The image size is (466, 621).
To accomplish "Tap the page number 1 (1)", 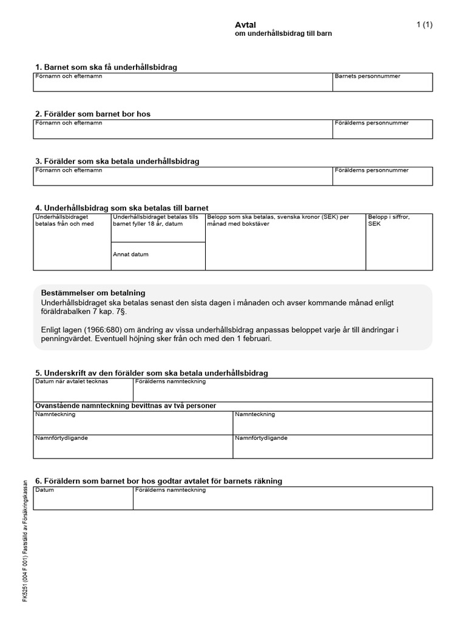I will coord(424,25).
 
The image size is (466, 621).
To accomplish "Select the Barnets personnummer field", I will coord(382,83).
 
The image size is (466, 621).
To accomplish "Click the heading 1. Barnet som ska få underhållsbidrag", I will coord(106,67).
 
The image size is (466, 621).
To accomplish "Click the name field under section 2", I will coord(183,130).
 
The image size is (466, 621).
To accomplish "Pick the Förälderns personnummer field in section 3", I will coord(382,177).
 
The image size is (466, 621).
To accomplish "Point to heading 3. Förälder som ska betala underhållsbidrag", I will coord(117,161).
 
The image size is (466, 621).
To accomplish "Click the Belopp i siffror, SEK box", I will coord(399,243).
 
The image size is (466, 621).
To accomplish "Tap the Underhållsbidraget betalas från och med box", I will coord(72,243).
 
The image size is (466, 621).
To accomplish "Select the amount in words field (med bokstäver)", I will coord(286,243).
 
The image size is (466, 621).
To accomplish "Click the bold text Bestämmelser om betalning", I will coord(93,293).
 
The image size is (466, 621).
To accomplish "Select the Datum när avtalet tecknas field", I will coord(83,391).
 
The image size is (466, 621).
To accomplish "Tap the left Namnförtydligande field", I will coord(133,447).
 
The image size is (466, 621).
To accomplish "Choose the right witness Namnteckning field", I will coord(333,423).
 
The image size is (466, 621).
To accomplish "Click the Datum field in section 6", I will coord(83,498).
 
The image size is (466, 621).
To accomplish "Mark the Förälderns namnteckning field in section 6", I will coord(283,498).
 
